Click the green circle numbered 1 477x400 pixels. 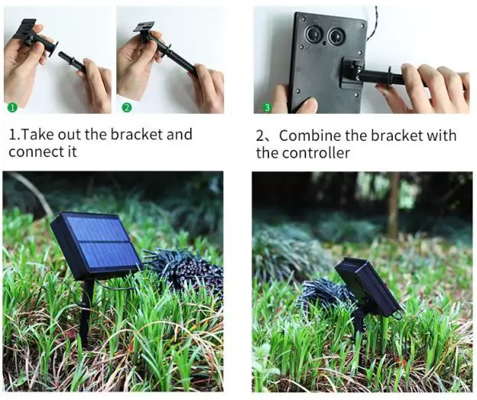pos(11,106)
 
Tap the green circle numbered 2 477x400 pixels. pos(126,106)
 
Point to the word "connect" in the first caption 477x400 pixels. pos(34,151)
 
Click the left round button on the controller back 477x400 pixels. pos(313,35)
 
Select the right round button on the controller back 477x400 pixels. pos(336,36)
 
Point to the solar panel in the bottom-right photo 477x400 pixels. pos(368,287)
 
